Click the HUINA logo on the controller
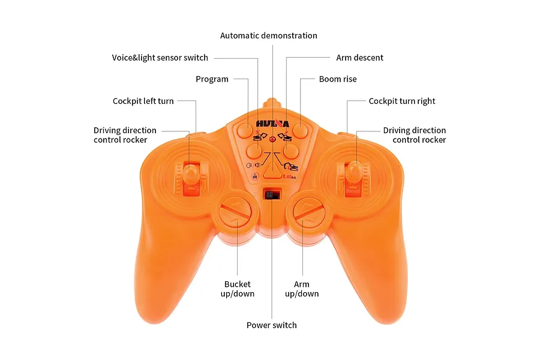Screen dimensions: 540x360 coord(272,124)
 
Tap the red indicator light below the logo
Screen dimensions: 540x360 coord(272,140)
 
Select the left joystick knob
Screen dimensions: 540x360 coord(190,172)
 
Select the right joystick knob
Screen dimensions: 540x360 coord(353,171)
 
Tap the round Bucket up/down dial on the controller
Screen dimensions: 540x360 coord(237,212)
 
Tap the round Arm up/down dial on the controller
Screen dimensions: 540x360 coord(308,212)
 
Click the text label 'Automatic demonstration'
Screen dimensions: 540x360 coord(269,35)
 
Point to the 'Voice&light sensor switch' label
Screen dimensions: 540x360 coord(160,58)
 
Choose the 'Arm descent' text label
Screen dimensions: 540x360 coord(359,58)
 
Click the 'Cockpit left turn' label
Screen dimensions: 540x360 coord(143,101)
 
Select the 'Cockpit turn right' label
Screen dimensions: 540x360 coord(402,101)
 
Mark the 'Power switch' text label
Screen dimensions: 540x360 coord(271,325)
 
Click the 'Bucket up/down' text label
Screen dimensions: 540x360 coord(237,289)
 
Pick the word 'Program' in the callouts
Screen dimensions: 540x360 coord(212,79)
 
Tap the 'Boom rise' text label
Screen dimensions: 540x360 coord(338,79)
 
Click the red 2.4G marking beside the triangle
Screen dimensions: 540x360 coord(289,177)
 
